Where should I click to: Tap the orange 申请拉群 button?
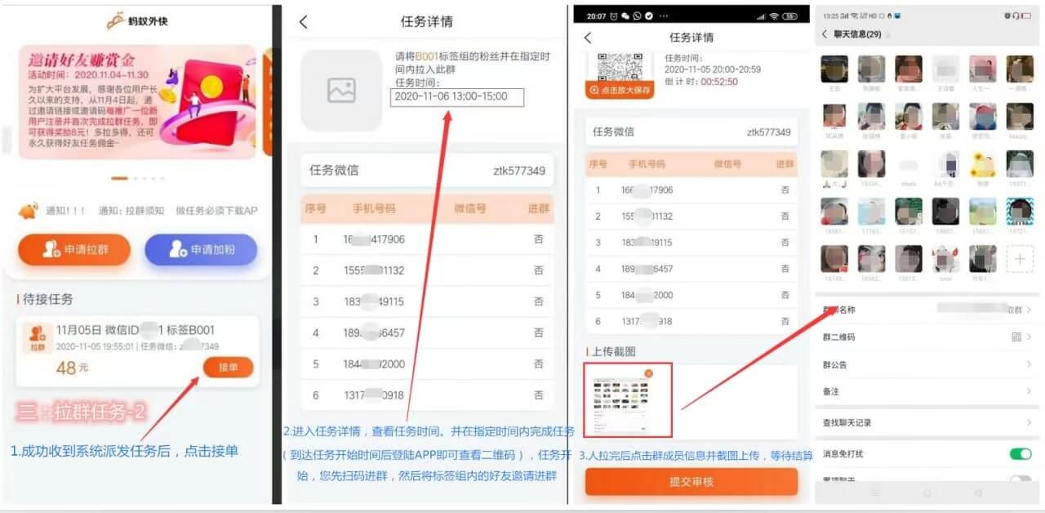[74, 250]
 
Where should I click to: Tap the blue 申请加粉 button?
[201, 250]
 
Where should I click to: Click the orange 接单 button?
[228, 368]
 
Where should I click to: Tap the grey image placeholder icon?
[341, 91]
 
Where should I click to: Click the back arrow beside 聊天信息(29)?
[824, 34]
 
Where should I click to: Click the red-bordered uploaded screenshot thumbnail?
[628, 400]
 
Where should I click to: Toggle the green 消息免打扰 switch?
[1020, 453]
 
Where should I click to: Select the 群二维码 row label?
[838, 337]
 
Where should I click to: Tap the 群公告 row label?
[834, 364]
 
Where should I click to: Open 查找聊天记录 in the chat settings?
[847, 422]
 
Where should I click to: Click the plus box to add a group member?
[1020, 260]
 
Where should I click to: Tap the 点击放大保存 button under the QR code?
[620, 91]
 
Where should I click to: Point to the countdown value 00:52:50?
[719, 82]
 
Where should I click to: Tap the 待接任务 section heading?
[47, 300]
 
